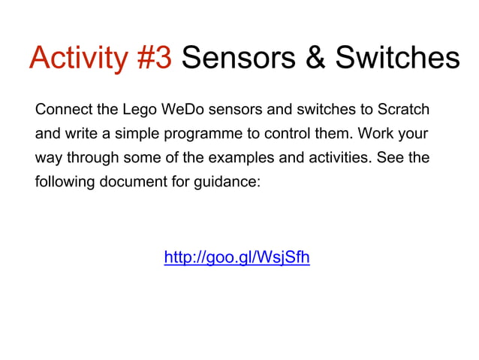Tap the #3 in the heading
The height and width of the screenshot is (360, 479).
point(155,58)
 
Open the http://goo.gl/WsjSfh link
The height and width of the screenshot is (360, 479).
point(236,258)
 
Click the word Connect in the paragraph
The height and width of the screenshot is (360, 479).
point(63,110)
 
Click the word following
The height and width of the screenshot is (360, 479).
point(63,183)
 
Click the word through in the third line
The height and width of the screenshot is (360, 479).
point(90,159)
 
